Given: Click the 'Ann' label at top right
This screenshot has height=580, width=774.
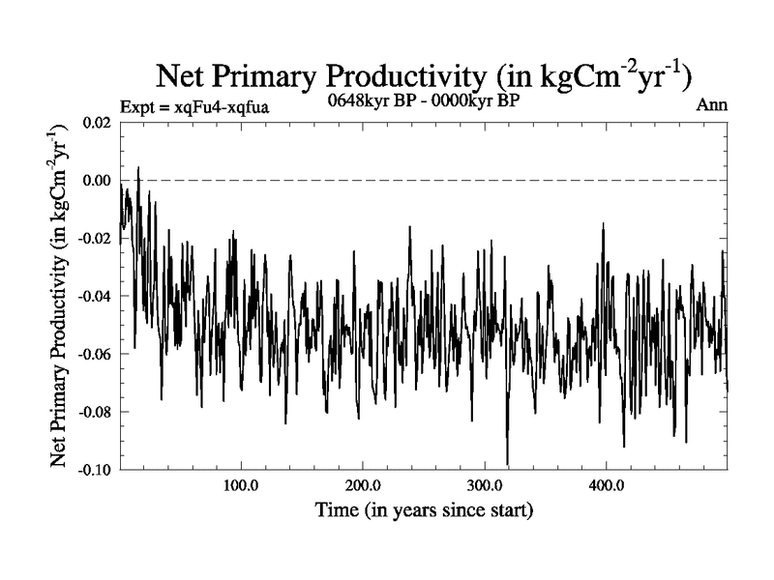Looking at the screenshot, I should tap(712, 104).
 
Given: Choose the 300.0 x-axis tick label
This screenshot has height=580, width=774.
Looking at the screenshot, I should tap(484, 484).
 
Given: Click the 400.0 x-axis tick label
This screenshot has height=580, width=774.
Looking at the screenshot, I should tap(606, 484).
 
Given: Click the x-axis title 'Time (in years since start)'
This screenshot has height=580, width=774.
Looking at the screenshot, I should tap(424, 507).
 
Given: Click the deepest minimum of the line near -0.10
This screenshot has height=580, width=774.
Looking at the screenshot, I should tap(507, 463).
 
